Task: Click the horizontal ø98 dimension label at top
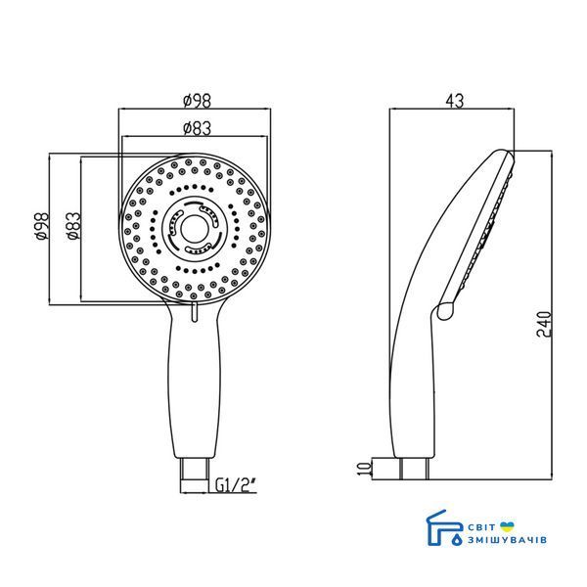(x=198, y=101)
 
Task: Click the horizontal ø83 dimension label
(x=198, y=128)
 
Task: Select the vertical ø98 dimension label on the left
(x=41, y=227)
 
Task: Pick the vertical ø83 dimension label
(x=72, y=226)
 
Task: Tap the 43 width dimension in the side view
(x=455, y=101)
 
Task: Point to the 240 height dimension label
(x=544, y=324)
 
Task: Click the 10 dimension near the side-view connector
(x=364, y=468)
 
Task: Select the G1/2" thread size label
(x=236, y=486)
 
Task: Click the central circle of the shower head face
(x=194, y=229)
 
